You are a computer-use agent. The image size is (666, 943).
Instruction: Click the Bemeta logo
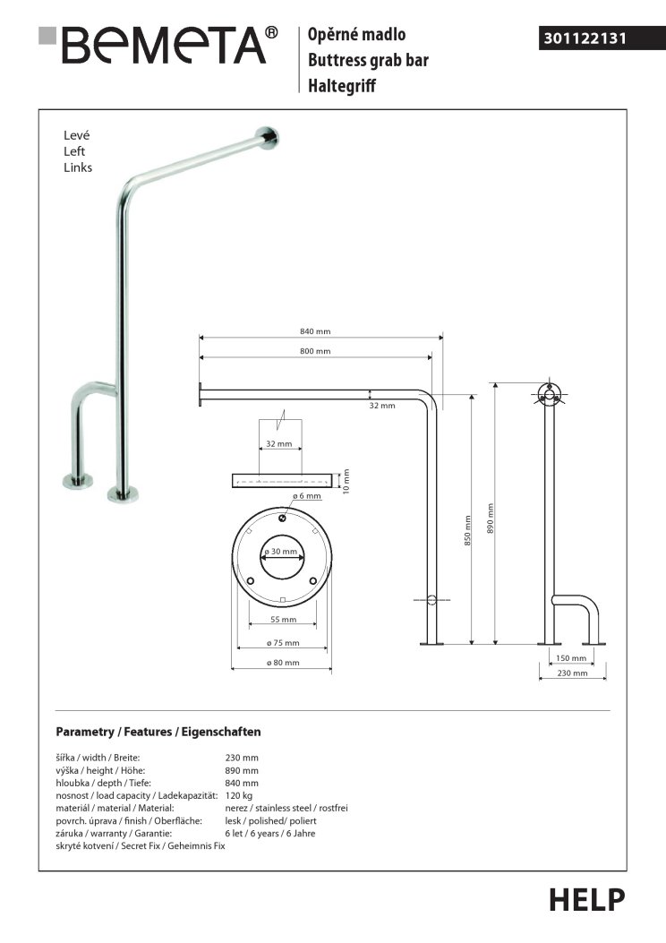[x=158, y=45]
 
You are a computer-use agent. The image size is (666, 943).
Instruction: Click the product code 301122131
[x=585, y=39]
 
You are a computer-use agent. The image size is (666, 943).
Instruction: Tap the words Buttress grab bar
[x=368, y=60]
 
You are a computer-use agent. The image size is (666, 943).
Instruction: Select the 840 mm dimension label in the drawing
[x=315, y=331]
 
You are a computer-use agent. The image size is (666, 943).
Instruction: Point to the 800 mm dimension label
[x=315, y=351]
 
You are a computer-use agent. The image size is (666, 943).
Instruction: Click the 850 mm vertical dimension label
[x=467, y=530]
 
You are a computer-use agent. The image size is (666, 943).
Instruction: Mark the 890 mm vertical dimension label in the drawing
[x=490, y=519]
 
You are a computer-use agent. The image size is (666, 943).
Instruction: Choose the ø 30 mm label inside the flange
[x=281, y=552]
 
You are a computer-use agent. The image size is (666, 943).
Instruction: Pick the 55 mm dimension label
[x=283, y=620]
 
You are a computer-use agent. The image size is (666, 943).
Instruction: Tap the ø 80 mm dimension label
[x=283, y=663]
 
